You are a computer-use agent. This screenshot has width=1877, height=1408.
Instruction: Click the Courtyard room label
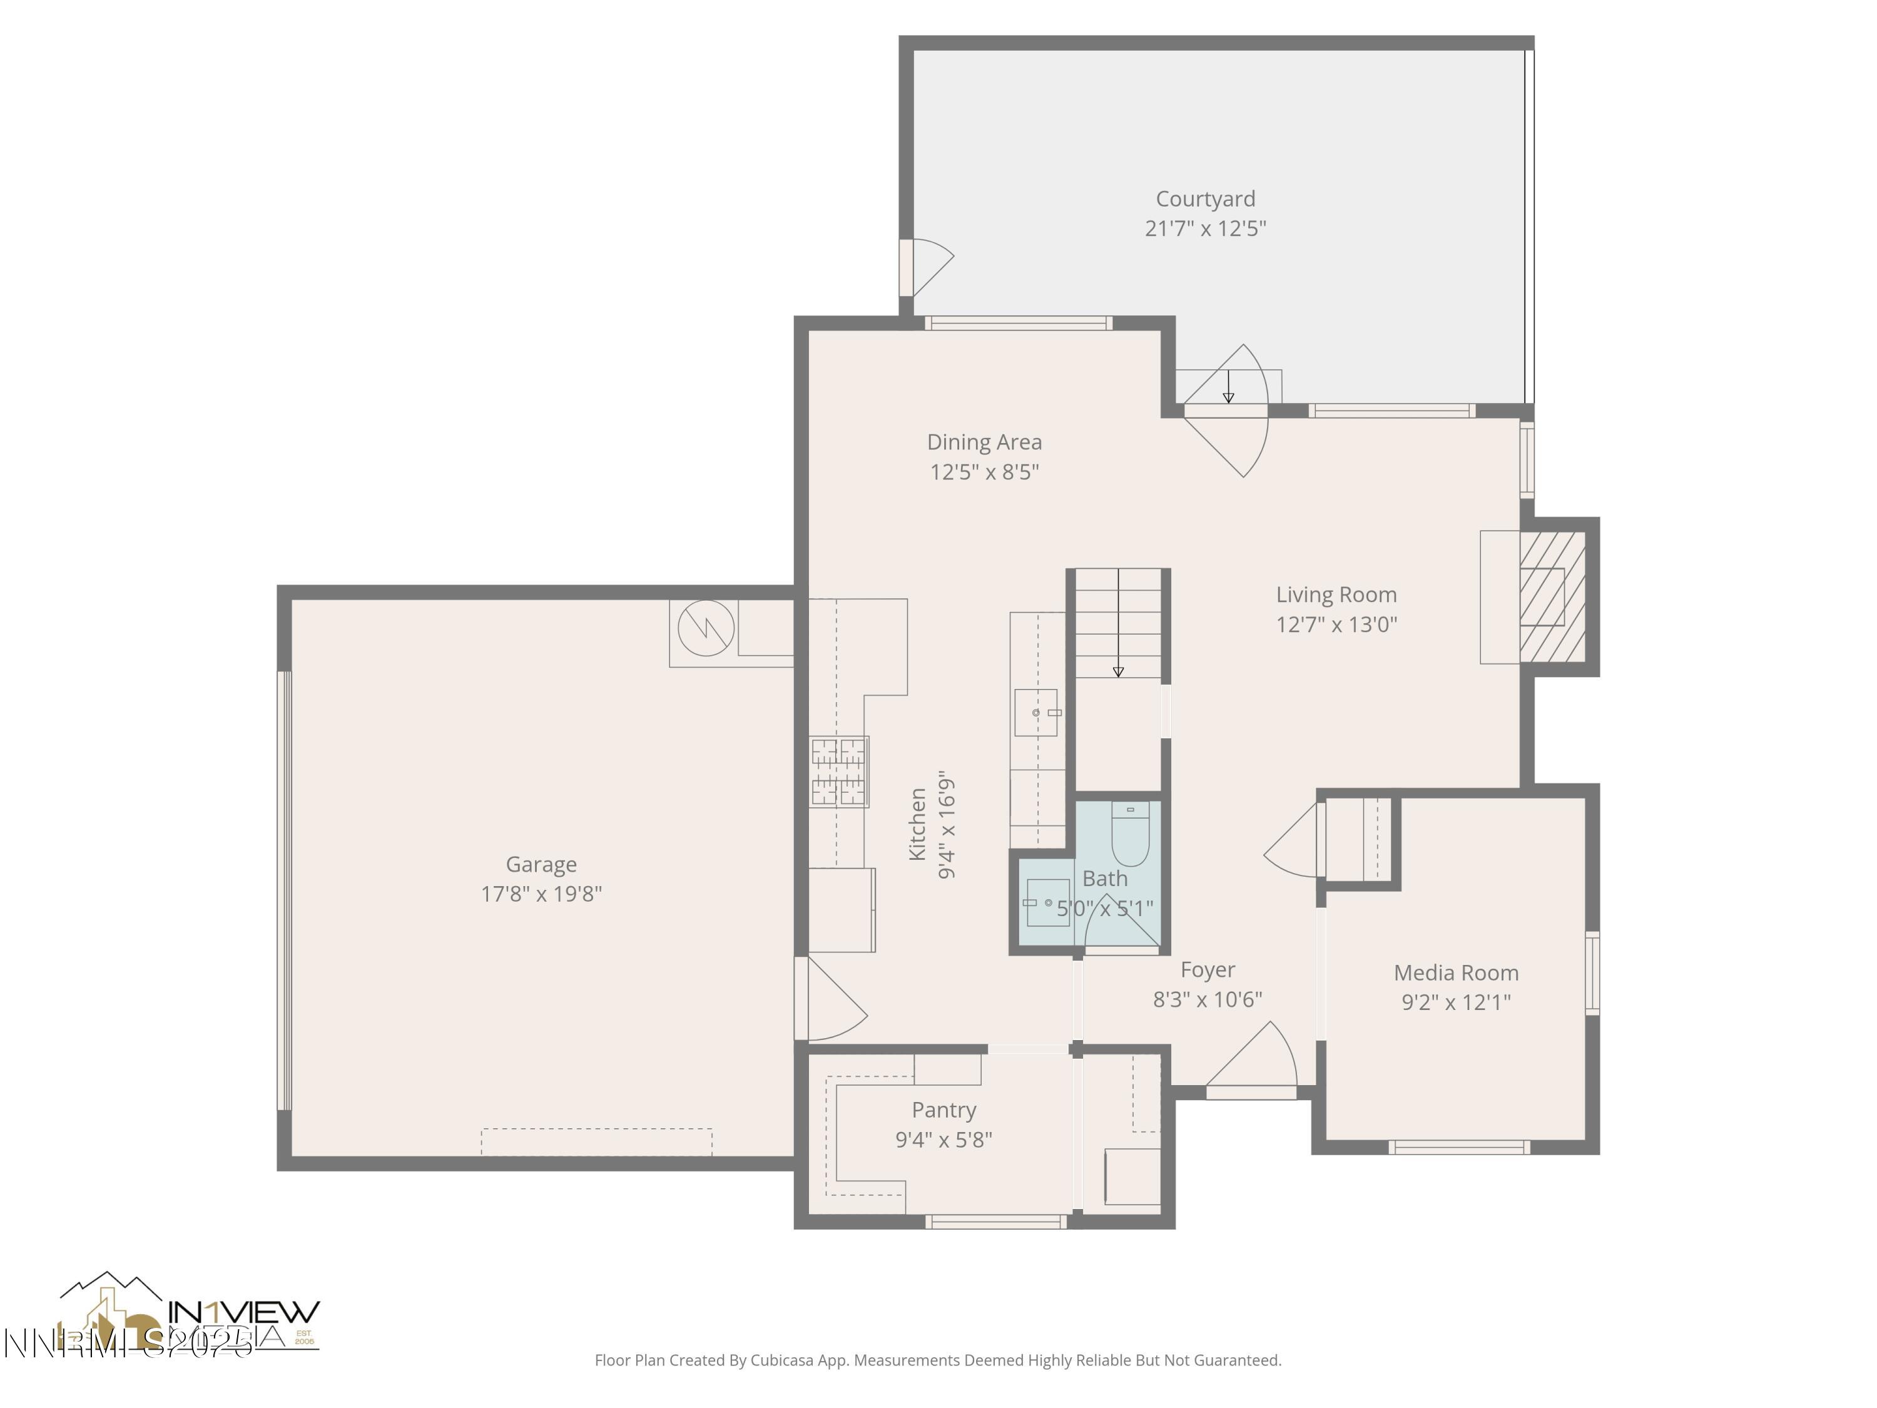pos(1205,198)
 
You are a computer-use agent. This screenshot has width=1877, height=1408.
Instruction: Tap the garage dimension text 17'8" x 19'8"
pos(541,894)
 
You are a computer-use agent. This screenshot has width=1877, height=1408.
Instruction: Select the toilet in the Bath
pos(1131,832)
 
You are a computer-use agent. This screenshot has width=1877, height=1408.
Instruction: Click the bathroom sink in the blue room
pos(1047,903)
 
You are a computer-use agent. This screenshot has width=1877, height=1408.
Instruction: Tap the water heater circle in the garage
pos(705,629)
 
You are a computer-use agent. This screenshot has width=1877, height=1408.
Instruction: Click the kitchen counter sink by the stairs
pos(1036,712)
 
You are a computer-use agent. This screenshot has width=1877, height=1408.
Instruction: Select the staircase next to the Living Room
pos(1117,624)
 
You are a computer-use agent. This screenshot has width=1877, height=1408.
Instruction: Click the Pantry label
pos(944,1110)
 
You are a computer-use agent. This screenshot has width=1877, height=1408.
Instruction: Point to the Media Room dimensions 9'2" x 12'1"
pos(1455,1002)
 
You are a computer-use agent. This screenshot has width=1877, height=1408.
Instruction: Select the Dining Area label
pos(984,442)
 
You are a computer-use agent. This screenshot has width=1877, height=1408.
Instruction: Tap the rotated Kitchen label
pos(917,824)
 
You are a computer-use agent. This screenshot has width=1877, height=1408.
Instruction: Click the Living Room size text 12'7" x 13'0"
pos(1336,625)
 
